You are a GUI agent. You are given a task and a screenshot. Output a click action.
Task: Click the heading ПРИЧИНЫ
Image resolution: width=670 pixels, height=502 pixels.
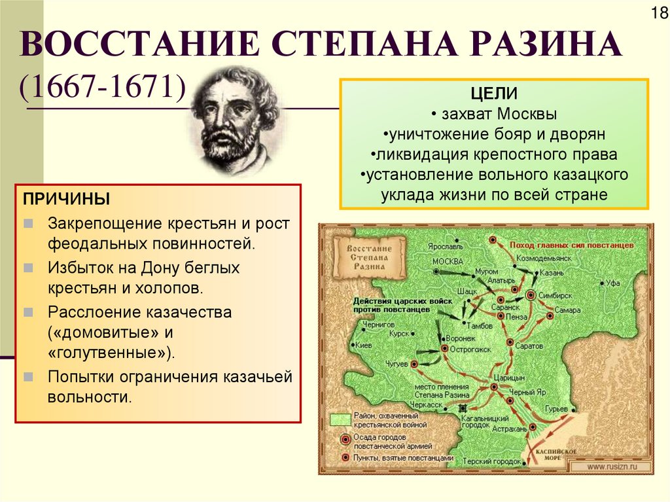[67, 198]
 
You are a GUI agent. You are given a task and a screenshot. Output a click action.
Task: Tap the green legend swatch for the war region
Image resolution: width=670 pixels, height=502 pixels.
[340, 420]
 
